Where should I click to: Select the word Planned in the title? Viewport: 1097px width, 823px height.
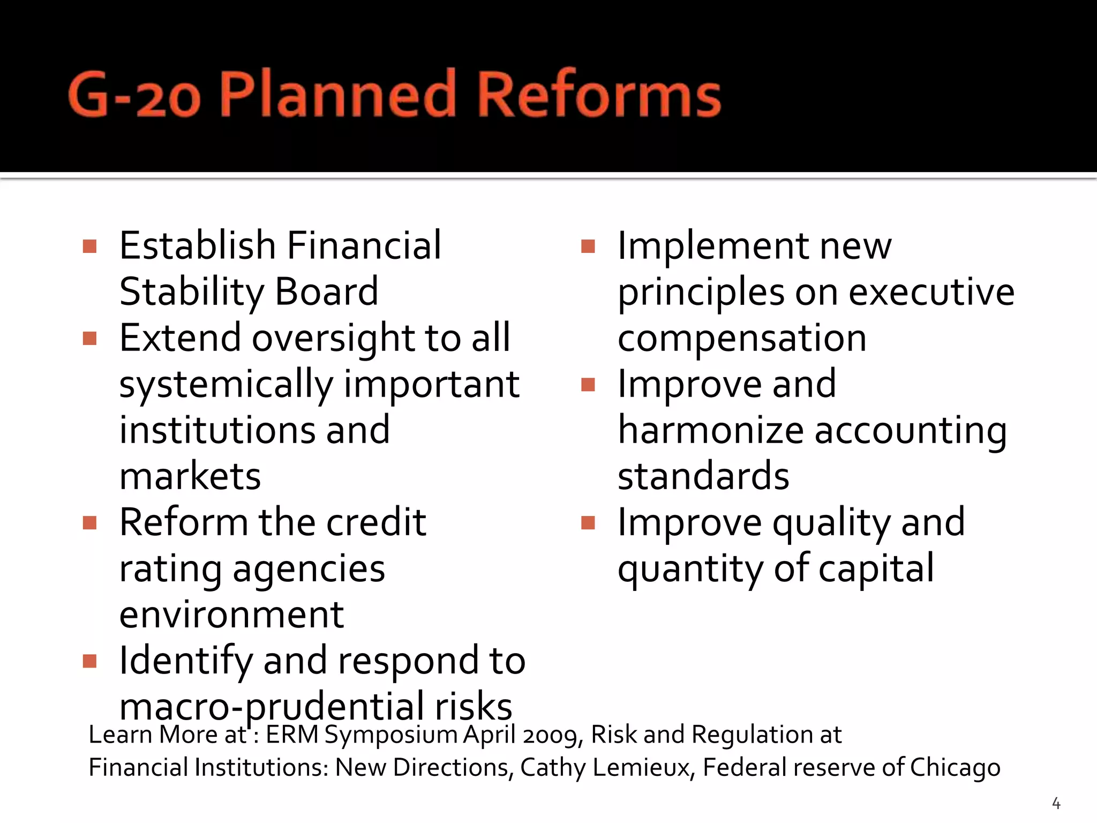(x=337, y=95)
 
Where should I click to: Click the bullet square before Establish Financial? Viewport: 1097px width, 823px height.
(x=90, y=246)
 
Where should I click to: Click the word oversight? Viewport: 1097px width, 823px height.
(x=333, y=338)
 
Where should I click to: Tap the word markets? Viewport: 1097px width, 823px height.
(x=190, y=477)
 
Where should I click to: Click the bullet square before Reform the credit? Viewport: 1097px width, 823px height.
(x=90, y=522)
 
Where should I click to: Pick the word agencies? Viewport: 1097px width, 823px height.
(x=309, y=569)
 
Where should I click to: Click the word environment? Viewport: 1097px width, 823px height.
(x=231, y=615)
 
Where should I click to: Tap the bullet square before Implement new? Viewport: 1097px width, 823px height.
(x=588, y=246)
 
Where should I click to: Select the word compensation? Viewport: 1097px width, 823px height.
(x=742, y=339)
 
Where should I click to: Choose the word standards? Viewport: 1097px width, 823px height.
(x=703, y=477)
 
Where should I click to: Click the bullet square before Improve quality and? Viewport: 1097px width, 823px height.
(x=588, y=522)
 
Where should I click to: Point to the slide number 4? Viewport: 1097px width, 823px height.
(x=1056, y=803)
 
